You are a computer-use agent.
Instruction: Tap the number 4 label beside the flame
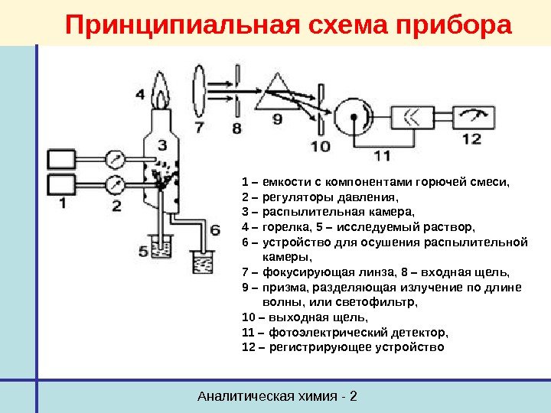point(140,96)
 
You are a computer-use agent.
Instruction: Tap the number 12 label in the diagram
point(472,139)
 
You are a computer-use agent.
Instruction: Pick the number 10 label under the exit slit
point(321,146)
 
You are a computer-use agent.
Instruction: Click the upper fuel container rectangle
point(62,159)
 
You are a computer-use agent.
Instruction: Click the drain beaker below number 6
point(203,263)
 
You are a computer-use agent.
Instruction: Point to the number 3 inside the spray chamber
point(162,145)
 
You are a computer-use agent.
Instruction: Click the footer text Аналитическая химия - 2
point(278,396)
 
